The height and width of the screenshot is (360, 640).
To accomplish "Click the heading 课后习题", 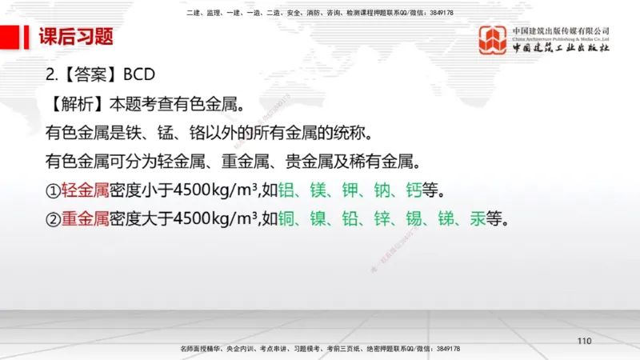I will (x=76, y=37).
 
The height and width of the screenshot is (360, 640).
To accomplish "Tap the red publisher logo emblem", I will (x=493, y=40).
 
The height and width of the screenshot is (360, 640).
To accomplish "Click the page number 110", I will (x=584, y=342).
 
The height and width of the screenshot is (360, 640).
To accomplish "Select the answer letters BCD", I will (x=139, y=74).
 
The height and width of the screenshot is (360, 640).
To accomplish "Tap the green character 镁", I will (x=318, y=191).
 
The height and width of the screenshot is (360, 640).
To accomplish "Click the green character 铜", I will (x=286, y=218).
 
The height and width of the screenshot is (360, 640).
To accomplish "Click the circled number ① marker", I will (x=53, y=191).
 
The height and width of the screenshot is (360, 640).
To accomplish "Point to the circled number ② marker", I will (x=53, y=218).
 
